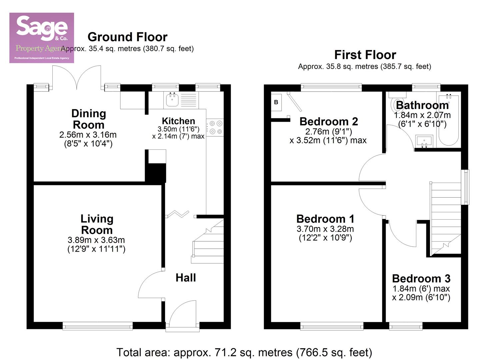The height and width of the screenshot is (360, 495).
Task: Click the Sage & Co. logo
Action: coord(41,38)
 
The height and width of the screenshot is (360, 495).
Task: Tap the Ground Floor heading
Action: coord(127,37)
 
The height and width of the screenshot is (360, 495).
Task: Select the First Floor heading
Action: coord(365,55)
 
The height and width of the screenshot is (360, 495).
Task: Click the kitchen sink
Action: coord(172,99)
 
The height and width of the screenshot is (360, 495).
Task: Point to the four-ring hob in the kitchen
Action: coord(215,127)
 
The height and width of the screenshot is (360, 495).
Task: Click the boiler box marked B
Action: coord(276,102)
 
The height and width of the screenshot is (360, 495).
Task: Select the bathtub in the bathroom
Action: coord(449,120)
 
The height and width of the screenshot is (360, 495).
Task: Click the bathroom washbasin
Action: coord(424,141)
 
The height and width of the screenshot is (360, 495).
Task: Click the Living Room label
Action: coord(97,224)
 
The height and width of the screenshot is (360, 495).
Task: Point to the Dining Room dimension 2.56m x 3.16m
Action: coord(88,135)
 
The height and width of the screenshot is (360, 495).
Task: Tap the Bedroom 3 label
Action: coord(421,278)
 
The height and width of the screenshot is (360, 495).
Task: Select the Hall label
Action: coord(186,278)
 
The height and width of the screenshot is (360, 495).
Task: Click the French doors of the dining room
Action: coord(77,77)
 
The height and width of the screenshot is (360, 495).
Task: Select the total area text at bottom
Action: coord(244,352)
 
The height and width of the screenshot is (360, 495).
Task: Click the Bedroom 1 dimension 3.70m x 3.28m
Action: coord(325,229)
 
